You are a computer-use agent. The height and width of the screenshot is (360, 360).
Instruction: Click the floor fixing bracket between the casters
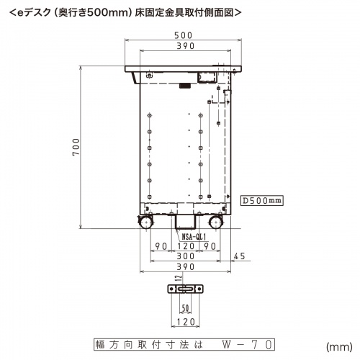[x=185, y=222]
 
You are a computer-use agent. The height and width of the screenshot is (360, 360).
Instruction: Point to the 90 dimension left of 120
[x=153, y=246]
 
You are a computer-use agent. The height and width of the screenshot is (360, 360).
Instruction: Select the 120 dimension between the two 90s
[x=185, y=246]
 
